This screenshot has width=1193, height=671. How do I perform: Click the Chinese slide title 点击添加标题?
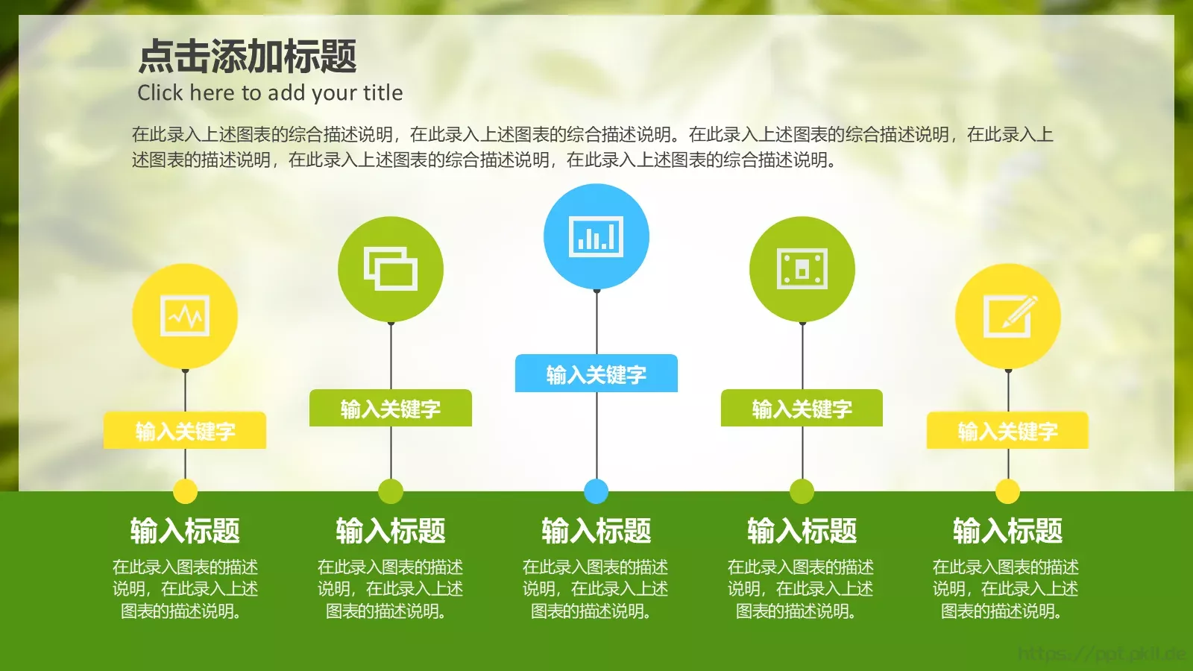click(x=248, y=57)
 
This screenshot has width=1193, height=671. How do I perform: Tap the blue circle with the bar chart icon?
click(x=596, y=236)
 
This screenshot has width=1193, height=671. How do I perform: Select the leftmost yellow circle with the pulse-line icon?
click(x=185, y=316)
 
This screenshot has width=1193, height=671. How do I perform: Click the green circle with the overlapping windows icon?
click(x=391, y=269)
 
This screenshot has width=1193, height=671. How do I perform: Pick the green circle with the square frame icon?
click(x=802, y=269)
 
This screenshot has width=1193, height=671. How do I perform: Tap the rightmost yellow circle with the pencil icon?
click(x=1008, y=316)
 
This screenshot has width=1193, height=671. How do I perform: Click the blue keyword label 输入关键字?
click(x=596, y=374)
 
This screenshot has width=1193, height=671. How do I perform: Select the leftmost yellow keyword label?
click(x=185, y=430)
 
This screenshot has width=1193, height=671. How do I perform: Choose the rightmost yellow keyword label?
click(x=1008, y=430)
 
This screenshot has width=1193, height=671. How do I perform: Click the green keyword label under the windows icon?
click(x=391, y=408)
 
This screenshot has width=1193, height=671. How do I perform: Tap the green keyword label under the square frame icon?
click(x=802, y=408)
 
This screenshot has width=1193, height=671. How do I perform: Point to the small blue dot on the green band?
click(x=596, y=491)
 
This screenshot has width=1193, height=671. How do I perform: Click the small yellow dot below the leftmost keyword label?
click(x=185, y=491)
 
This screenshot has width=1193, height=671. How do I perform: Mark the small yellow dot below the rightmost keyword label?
click(x=1008, y=491)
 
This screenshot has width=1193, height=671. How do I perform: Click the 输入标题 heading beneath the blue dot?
click(x=596, y=531)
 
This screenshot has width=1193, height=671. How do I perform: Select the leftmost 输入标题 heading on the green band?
click(x=185, y=531)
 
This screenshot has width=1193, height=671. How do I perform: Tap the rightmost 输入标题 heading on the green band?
click(x=1008, y=531)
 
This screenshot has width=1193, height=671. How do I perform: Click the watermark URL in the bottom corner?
click(x=1101, y=654)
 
